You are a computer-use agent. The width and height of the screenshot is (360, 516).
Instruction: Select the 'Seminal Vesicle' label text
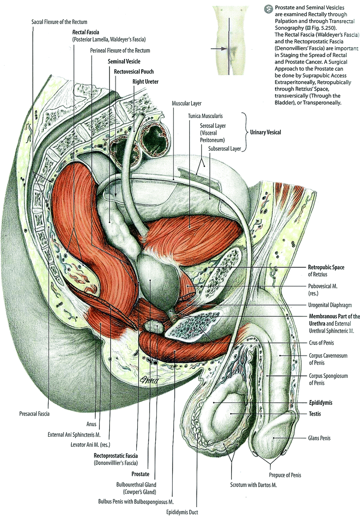[124, 61]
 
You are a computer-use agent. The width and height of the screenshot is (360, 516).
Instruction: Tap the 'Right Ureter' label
[145, 81]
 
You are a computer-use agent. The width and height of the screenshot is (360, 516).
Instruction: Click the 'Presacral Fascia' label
[35, 413]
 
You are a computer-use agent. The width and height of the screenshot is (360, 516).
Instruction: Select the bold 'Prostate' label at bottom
[140, 475]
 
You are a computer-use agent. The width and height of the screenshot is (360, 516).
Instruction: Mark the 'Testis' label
[315, 414]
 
